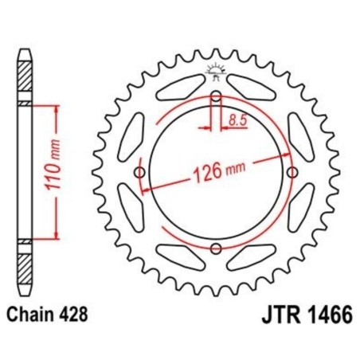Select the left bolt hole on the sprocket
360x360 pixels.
pyautogui.click(x=141, y=174)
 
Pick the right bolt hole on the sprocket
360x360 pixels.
pyautogui.click(x=292, y=174)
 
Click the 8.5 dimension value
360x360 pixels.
pyautogui.click(x=237, y=121)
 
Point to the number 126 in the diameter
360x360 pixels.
pyautogui.click(x=205, y=176)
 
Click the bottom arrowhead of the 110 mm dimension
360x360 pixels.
pyautogui.click(x=57, y=237)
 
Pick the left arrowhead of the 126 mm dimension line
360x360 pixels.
pyautogui.click(x=146, y=190)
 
